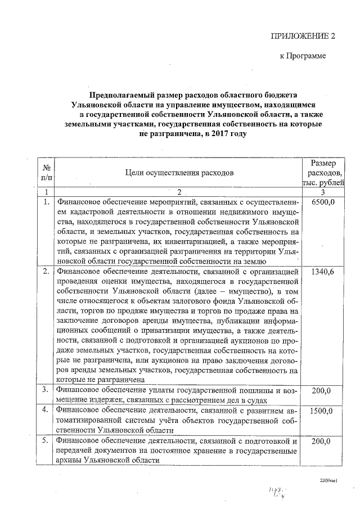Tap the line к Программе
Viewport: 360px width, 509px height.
[303, 56]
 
